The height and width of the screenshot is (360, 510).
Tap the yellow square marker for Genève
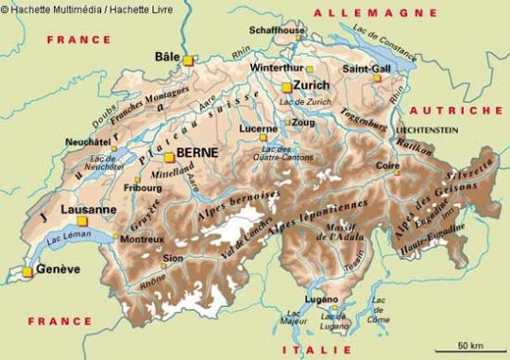click(x=27, y=272)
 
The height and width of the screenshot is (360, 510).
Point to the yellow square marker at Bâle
click(x=188, y=60)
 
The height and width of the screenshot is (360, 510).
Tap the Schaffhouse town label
click(x=277, y=30)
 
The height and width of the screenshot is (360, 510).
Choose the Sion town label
click(x=173, y=256)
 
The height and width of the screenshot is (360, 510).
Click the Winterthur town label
click(x=277, y=68)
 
